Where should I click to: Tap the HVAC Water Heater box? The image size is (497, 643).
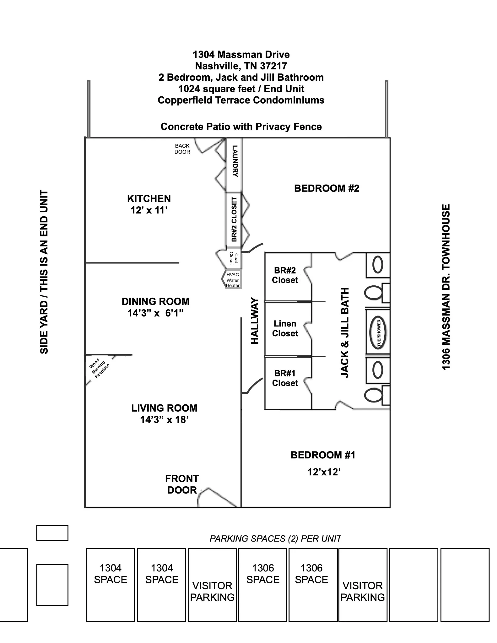click(233, 280)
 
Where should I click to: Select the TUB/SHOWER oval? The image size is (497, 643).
click(378, 333)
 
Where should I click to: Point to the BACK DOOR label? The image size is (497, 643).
click(182, 149)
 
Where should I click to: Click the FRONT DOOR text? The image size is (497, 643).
click(182, 484)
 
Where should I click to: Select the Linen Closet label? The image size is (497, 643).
click(285, 328)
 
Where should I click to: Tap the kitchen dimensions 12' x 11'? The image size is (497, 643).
click(149, 210)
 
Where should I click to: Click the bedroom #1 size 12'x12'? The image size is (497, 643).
click(324, 472)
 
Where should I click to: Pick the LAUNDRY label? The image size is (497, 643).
click(235, 161)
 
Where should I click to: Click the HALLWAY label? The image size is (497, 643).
click(255, 321)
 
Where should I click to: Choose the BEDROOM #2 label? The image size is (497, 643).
click(327, 188)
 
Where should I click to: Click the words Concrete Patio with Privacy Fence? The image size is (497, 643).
click(241, 127)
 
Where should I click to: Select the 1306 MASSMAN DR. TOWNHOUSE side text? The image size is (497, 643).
click(446, 287)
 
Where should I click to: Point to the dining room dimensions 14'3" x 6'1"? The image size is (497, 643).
click(155, 313)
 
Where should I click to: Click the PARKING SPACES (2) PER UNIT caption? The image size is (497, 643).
click(275, 539)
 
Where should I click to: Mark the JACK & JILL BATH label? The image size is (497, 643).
click(345, 333)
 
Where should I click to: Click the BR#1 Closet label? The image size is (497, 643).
click(285, 378)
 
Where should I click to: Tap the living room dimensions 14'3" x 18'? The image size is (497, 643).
click(164, 420)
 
